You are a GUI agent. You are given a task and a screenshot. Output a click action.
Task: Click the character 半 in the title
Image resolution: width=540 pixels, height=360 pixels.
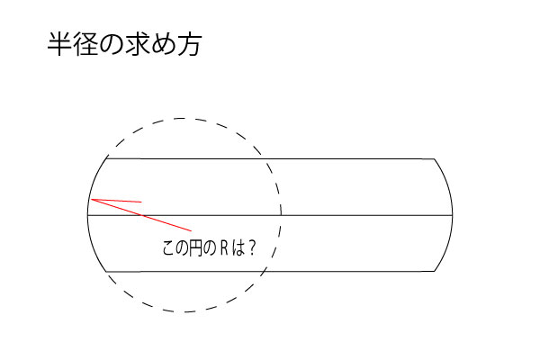point(59,46)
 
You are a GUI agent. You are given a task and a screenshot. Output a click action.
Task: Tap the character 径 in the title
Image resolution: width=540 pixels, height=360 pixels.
point(86,46)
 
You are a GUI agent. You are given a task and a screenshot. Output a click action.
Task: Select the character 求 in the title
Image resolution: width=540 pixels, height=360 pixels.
point(138,46)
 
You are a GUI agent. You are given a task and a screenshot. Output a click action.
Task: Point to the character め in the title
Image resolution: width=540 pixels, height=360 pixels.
point(163,46)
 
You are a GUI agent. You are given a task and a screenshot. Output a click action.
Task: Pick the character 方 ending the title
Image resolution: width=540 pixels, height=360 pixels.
point(189,46)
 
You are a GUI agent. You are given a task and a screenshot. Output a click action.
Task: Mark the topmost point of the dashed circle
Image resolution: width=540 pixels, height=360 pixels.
point(184,118)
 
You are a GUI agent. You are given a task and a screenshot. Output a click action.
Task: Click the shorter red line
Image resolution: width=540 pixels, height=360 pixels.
point(117,201)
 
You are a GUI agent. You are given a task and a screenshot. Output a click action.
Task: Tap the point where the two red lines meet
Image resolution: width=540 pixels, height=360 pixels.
point(92,199)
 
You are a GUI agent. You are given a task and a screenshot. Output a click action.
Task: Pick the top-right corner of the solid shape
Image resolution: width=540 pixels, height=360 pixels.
point(434,159)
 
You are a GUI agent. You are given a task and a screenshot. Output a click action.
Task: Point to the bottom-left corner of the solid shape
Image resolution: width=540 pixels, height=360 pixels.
point(107,271)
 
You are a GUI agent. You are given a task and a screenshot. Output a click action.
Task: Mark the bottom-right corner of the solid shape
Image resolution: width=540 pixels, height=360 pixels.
point(434,271)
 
